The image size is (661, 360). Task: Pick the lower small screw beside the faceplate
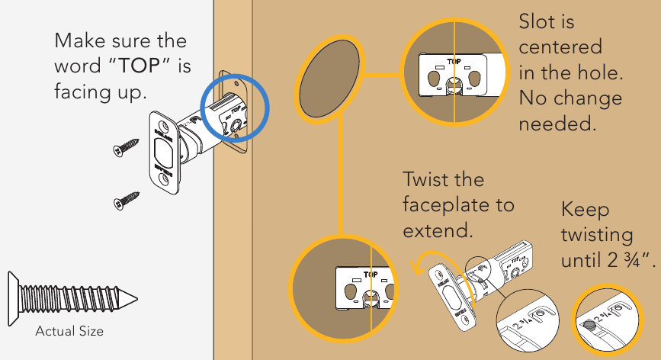coord(126,199)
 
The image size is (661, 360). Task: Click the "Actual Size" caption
coord(69,331)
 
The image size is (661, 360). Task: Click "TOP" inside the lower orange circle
coord(371,273)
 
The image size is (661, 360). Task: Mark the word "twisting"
coord(597,235)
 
